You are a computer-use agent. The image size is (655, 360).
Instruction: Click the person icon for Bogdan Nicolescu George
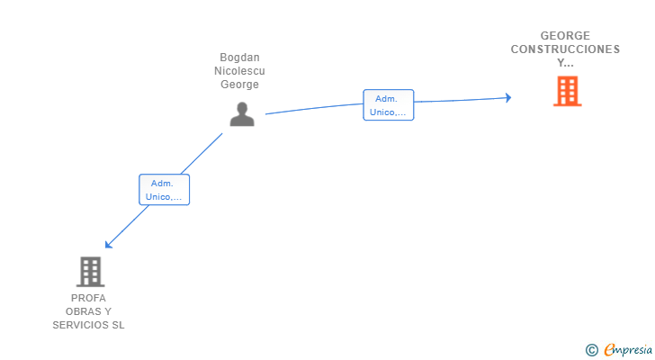point(242,114)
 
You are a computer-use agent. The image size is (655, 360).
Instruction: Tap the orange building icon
point(567,91)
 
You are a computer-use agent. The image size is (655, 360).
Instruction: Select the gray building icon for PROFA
point(90,272)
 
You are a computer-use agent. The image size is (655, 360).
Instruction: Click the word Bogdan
point(239,58)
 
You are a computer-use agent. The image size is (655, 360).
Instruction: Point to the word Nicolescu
point(239,70)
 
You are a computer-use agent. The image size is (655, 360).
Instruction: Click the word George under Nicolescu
point(239,85)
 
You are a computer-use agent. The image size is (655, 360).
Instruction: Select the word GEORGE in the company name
point(565,35)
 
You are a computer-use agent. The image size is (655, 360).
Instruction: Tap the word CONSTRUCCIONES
point(565,49)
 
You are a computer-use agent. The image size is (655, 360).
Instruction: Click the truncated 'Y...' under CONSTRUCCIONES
point(565,63)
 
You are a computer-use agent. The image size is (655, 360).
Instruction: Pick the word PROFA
point(88,298)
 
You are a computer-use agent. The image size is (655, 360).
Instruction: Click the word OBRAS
point(82,311)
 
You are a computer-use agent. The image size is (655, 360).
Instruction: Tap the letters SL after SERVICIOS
point(118,325)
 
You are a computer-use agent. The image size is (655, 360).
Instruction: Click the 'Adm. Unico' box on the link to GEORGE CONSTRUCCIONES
point(389,104)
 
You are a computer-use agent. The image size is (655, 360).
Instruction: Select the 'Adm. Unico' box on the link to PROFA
point(164,190)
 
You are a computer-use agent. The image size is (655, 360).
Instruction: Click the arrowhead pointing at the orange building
point(508,98)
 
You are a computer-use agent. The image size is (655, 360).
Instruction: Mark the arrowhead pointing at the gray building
point(109,244)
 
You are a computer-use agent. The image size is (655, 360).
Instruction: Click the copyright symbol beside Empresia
point(591,350)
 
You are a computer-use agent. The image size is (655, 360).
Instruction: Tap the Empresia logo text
point(628,350)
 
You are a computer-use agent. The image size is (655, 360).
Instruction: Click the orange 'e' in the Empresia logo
point(609,349)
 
